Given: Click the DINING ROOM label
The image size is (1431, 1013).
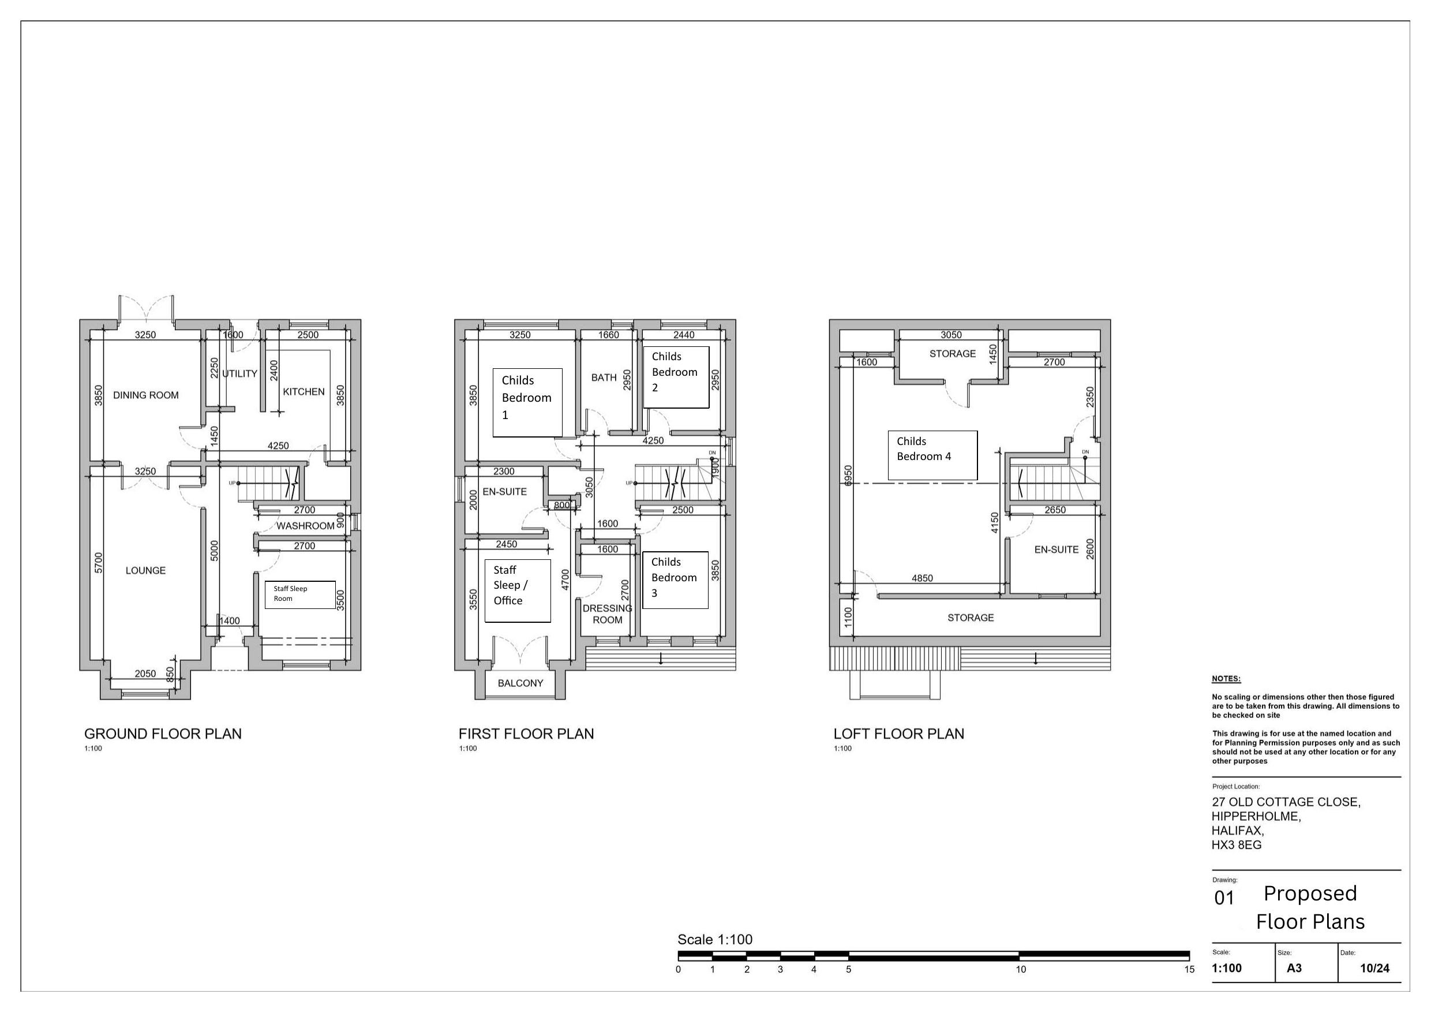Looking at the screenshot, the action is (146, 395).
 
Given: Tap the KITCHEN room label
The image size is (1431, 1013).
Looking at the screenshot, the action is (304, 392).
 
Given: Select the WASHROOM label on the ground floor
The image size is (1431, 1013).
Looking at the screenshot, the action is (305, 526).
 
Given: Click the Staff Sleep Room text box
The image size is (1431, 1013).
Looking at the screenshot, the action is (301, 595).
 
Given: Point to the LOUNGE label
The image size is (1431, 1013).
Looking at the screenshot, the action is (146, 570).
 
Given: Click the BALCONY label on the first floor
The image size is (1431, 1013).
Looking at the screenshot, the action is (520, 683).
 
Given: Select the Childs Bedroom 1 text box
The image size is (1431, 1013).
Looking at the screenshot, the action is (527, 402).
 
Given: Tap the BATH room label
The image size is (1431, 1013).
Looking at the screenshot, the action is (604, 377).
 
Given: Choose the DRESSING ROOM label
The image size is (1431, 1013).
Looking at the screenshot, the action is (608, 614).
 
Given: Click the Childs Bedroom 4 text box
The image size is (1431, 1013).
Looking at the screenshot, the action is (933, 455).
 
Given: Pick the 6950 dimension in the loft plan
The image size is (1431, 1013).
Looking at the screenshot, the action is (848, 477).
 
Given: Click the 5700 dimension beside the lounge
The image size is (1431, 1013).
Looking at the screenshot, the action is (99, 563).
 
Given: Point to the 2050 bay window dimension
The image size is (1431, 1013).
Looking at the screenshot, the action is (145, 674).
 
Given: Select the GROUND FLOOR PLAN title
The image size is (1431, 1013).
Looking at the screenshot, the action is (163, 734).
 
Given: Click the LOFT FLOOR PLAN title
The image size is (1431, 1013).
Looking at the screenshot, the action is (899, 734).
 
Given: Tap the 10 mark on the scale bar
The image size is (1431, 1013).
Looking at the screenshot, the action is (1021, 969).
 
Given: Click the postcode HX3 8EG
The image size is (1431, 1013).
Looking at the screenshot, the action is (1237, 845).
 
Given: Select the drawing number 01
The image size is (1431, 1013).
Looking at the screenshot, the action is (1224, 898).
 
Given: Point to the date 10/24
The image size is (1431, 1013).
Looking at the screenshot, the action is (1375, 968).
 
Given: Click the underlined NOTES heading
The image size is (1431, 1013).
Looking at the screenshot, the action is (1227, 679).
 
